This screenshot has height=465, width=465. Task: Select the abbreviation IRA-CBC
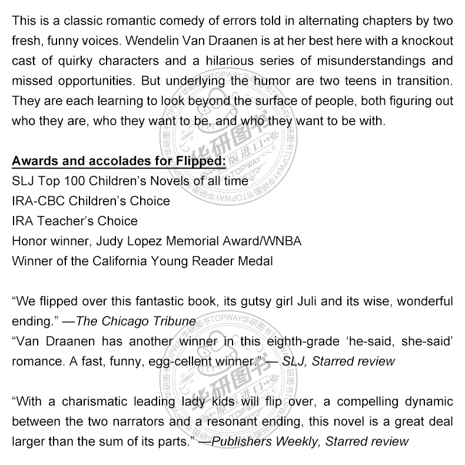37,201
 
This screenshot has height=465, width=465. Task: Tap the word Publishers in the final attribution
242,441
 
